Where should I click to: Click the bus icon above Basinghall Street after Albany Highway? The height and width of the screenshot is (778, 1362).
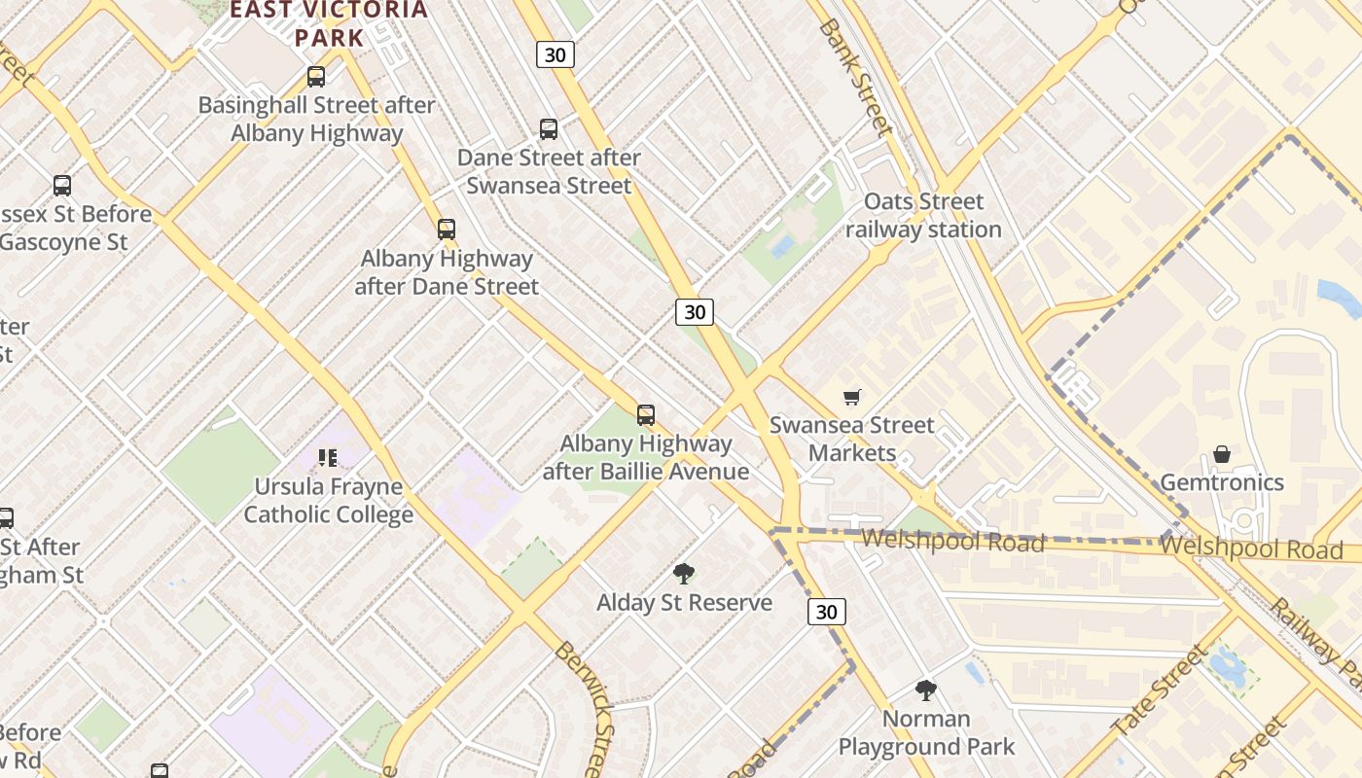pos(316,77)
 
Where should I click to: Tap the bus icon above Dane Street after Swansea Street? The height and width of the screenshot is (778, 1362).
pos(549,129)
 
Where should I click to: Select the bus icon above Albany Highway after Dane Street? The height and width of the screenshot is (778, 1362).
pos(447,230)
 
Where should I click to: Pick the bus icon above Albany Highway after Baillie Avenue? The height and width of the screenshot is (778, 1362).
pos(646,415)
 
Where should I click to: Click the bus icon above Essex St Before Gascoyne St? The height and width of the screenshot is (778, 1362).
pos(62,186)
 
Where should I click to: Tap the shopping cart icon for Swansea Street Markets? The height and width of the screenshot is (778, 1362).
pos(852,397)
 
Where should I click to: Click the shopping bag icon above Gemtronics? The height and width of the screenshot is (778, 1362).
pos(1222,454)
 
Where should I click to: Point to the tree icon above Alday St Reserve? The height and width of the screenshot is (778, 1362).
pos(684,574)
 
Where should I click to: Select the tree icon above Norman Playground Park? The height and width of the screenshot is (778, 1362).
pos(926,690)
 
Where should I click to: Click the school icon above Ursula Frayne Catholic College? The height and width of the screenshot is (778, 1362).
pos(328,457)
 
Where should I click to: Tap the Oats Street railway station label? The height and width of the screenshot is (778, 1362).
pos(923,216)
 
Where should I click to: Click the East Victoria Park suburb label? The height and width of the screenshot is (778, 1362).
pos(329,24)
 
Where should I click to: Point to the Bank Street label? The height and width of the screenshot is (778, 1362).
pos(855,77)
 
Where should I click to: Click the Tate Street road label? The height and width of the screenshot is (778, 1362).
pos(1159,691)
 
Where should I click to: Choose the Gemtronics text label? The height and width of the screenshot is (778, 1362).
pos(1222,482)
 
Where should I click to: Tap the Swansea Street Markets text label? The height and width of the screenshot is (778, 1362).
pos(852,440)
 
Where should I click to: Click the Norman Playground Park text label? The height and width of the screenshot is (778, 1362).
pos(926,733)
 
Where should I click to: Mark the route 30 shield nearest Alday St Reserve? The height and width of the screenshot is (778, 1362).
pos(826,612)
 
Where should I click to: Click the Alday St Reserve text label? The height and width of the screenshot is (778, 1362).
pos(684,603)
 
